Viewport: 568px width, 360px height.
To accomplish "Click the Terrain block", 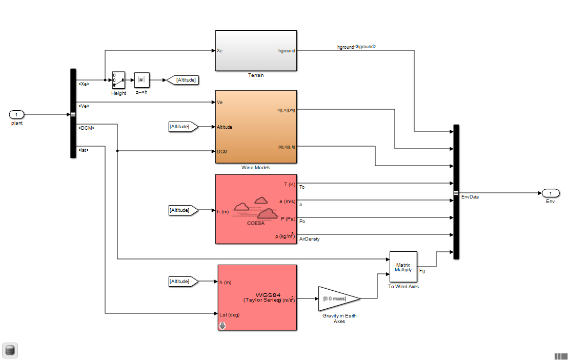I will pyautogui.click(x=256, y=51).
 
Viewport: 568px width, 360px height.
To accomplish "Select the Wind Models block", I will pyautogui.click(x=256, y=127).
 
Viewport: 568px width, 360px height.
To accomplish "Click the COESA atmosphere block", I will pyautogui.click(x=256, y=209).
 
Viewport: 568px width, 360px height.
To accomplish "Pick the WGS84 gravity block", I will pyautogui.click(x=257, y=297).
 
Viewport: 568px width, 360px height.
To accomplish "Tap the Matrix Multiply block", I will pyautogui.click(x=403, y=267).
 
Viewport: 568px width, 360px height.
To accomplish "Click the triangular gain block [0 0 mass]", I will pyautogui.click(x=339, y=298).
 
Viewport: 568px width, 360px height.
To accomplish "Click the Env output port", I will pyautogui.click(x=550, y=193).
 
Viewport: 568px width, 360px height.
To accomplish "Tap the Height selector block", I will pyautogui.click(x=118, y=80).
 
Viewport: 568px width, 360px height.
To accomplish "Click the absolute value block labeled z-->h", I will pyautogui.click(x=141, y=80).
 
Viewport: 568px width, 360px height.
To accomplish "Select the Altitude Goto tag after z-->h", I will pyautogui.click(x=182, y=80).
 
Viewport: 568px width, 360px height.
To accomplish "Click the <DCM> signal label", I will pyautogui.click(x=86, y=128).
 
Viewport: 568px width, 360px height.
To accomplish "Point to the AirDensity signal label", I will pyautogui.click(x=309, y=239).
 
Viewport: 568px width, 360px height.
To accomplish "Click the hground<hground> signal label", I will pyautogui.click(x=356, y=47).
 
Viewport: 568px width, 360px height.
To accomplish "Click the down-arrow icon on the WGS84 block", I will pyautogui.click(x=222, y=326).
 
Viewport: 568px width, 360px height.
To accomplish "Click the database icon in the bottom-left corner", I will pyautogui.click(x=10, y=350).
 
